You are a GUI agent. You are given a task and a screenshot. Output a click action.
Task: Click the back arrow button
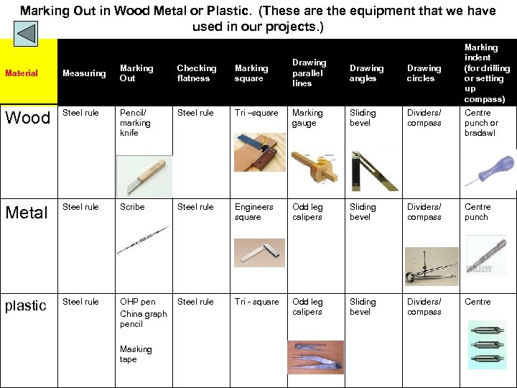pos(26,34)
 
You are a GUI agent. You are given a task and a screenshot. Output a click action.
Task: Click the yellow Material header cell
pos(29,72)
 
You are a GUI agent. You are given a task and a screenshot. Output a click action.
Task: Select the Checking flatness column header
pos(197,73)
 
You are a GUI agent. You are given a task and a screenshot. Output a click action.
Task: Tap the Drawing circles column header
pos(424,73)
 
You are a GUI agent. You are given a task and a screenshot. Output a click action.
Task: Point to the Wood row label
pos(28,117)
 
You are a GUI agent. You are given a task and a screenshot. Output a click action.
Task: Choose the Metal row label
pos(27,213)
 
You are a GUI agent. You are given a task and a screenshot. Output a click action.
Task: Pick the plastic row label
pos(26,306)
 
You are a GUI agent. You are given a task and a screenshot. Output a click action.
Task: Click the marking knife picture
pos(144,177)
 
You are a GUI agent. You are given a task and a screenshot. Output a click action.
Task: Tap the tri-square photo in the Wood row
pos(260,152)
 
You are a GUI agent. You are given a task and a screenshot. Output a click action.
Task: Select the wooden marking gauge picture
pos(315,167)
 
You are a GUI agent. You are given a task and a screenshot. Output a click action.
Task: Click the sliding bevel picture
pos(374,171)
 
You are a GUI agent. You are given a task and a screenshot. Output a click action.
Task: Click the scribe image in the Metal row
pos(143,241)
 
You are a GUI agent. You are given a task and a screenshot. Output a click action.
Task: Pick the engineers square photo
pos(259,253)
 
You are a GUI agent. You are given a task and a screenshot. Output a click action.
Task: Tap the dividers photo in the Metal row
pos(432,267)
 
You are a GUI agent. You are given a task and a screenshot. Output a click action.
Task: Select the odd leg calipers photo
pos(315,357)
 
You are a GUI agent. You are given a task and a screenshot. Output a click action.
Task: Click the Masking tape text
pos(136,354)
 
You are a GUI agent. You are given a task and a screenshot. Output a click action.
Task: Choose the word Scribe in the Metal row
pos(132,207)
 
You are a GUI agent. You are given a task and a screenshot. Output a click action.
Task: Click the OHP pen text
pos(137,302)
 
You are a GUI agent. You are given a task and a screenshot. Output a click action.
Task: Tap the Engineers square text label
pos(254,212)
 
